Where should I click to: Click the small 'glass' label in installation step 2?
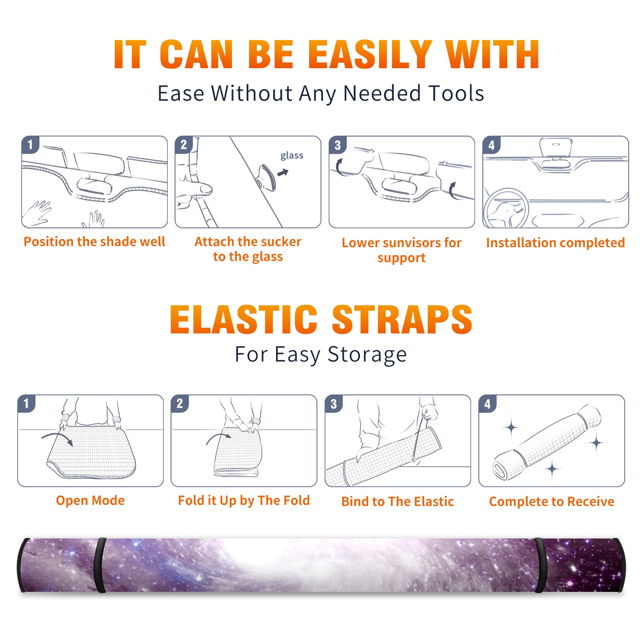(x=292, y=155)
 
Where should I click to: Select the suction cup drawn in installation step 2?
(x=266, y=177)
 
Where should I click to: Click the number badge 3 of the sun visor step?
(x=337, y=145)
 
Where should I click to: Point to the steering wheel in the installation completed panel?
(x=506, y=208)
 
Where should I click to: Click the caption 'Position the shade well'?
(x=94, y=242)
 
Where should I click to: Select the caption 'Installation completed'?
(x=555, y=243)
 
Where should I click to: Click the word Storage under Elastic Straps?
(x=367, y=355)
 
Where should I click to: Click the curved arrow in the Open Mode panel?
(x=57, y=437)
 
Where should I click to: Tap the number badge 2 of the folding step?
(x=179, y=403)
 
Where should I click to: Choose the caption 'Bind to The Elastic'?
(x=397, y=502)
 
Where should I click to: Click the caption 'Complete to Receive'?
(x=551, y=502)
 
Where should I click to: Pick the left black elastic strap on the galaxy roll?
(x=100, y=565)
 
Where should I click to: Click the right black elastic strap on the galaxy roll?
(x=539, y=565)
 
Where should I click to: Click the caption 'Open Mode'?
(x=90, y=500)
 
